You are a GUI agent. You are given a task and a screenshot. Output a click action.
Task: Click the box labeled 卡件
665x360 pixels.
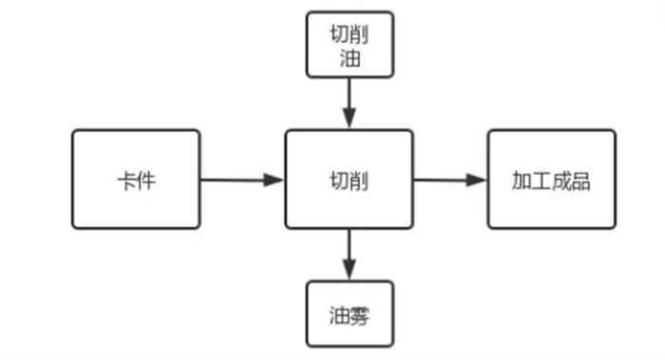coord(136,180)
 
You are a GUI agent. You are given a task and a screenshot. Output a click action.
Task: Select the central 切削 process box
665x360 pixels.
coord(349,180)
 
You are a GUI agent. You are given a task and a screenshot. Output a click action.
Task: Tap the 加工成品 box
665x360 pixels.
coord(551,180)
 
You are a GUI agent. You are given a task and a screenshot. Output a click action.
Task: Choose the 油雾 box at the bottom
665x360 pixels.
coord(349,313)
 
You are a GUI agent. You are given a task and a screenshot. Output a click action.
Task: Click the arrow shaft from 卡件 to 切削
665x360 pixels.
coord(233,180)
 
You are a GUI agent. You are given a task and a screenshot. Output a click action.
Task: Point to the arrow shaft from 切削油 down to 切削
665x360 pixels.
coord(349,95)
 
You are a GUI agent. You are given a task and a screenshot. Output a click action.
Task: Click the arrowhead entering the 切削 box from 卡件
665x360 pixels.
coord(275,180)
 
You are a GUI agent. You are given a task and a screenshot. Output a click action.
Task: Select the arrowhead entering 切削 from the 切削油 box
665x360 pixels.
coord(349,120)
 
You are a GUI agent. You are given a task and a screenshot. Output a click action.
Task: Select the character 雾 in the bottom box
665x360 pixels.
coord(358,314)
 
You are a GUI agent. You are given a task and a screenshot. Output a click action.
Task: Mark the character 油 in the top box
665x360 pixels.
coord(349,59)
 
